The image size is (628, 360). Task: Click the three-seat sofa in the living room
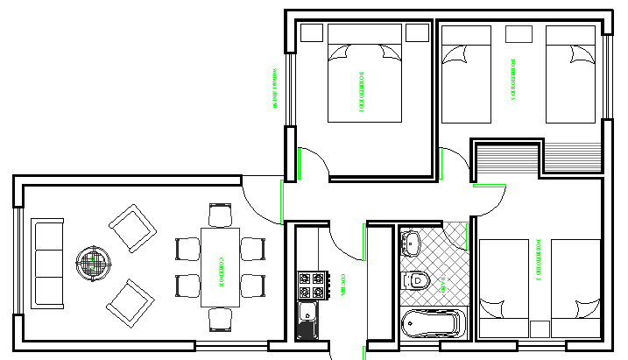[47, 263]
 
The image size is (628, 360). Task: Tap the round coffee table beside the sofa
[95, 261]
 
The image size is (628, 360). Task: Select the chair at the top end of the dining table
[220, 215]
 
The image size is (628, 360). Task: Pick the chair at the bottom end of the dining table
[220, 321]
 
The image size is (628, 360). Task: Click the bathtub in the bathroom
[430, 324]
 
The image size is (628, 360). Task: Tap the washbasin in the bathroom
[411, 240]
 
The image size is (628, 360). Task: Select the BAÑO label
[443, 282]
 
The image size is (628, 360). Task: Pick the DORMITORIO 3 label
[512, 81]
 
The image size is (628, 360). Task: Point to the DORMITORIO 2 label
[538, 261]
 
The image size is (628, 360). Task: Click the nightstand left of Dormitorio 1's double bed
[311, 33]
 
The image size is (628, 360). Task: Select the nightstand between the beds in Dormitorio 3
[519, 33]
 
